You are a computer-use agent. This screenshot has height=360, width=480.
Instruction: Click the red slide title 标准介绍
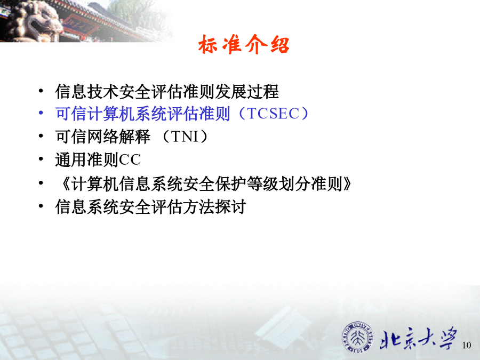pos(244,45)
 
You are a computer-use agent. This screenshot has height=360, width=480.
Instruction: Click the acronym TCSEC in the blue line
pos(273,114)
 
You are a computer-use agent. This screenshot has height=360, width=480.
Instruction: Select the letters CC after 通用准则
pos(130,159)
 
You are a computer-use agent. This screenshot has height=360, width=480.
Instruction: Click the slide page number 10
pos(467,345)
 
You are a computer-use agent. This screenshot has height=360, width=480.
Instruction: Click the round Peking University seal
pos(357,338)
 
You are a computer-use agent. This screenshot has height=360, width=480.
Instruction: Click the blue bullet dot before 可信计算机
pos(41,113)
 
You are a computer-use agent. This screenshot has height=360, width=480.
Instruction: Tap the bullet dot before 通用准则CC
pos(41,159)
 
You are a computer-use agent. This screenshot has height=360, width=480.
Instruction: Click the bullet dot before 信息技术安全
pos(41,91)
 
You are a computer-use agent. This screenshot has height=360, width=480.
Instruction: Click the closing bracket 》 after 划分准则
pos(347,183)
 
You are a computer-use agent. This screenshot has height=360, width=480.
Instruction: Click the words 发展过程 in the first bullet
pos(247,91)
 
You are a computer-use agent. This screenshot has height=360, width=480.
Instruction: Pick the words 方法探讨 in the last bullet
pos(215,206)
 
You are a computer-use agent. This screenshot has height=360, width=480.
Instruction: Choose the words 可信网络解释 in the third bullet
pos(103,137)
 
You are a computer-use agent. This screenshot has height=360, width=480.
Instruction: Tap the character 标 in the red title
pos(209,45)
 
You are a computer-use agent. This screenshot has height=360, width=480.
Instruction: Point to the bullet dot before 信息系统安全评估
pos(41,206)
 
